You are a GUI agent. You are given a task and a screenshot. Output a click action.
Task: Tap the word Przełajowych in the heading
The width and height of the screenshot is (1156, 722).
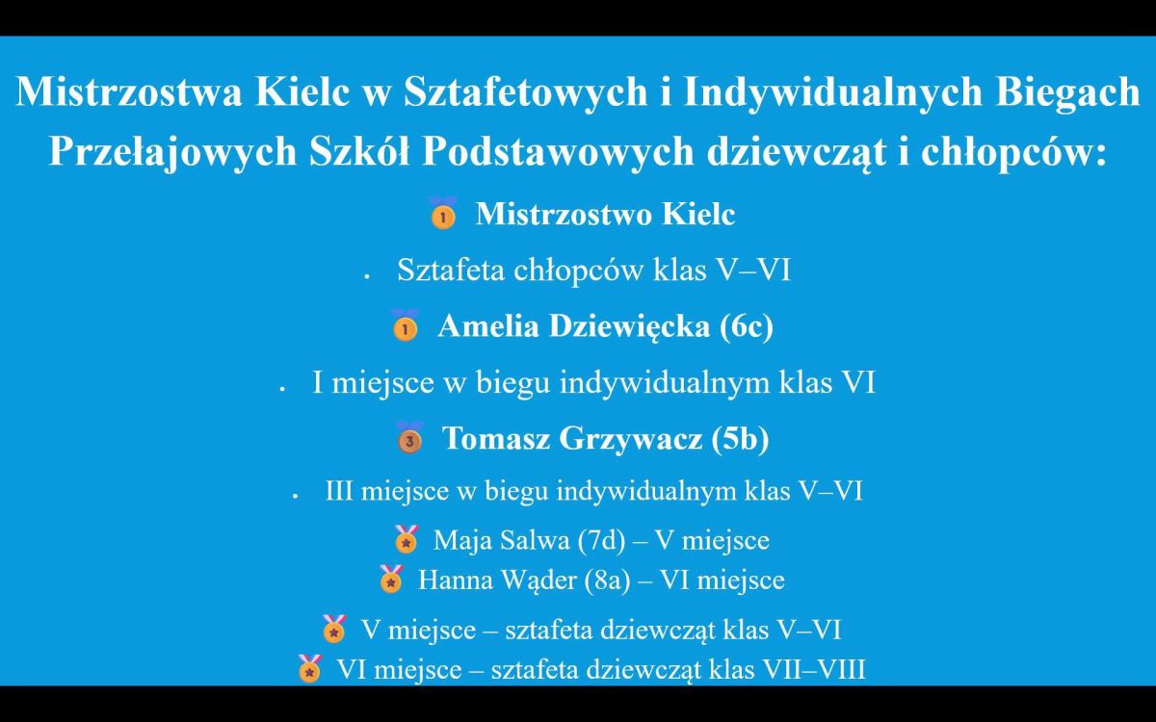coord(172,152)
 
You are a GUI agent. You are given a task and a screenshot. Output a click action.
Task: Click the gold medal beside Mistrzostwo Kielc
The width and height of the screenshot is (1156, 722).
coord(443,213)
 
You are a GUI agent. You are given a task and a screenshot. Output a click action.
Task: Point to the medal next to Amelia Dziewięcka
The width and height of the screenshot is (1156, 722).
coord(406,325)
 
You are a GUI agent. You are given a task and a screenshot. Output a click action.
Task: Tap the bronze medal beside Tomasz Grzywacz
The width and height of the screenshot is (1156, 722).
coord(409,437)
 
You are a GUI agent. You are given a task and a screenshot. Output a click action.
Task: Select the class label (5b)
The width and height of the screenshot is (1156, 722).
coord(740,439)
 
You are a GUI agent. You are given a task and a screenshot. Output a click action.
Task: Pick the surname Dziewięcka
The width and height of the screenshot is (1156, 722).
coord(629,326)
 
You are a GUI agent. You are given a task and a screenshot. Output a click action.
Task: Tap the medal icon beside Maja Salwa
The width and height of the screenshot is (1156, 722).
coord(407,539)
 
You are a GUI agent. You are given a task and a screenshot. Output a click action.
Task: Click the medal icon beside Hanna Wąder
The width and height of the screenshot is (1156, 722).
coord(391,579)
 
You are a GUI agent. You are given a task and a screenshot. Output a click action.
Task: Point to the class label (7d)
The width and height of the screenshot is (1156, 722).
coord(601,541)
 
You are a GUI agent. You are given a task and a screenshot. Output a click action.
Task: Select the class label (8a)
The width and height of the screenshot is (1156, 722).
coord(608,580)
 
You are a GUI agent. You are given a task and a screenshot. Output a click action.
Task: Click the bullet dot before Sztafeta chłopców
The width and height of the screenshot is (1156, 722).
coord(367,277)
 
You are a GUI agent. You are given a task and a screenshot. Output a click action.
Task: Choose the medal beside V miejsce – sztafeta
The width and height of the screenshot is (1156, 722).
coord(334,629)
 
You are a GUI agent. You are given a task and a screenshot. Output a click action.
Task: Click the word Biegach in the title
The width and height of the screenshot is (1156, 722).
coord(1067,92)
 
